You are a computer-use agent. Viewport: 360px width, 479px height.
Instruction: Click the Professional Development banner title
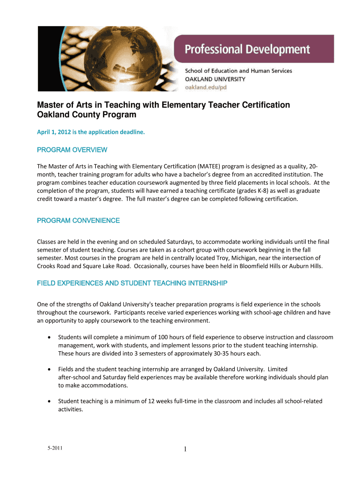pyautogui.click(x=247, y=49)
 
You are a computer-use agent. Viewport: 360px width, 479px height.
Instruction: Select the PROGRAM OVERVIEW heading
pyautogui.click(x=72, y=150)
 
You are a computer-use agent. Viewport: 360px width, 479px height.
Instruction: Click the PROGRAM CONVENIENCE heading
pyautogui.click(x=78, y=220)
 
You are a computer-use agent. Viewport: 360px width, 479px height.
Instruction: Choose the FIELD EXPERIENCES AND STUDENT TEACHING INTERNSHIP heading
pyautogui.click(x=132, y=283)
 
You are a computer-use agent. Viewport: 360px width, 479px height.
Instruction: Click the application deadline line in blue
pyautogui.click(x=91, y=132)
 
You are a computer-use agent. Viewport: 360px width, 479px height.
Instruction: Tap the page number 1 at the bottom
pyautogui.click(x=185, y=450)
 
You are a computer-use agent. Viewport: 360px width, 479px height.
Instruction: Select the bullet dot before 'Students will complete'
pyautogui.click(x=49, y=337)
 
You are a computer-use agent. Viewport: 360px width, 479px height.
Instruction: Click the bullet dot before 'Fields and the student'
pyautogui.click(x=49, y=369)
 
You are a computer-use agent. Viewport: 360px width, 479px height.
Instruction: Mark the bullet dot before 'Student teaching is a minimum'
pyautogui.click(x=49, y=401)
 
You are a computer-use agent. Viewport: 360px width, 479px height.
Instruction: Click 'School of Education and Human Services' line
pyautogui.click(x=238, y=71)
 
